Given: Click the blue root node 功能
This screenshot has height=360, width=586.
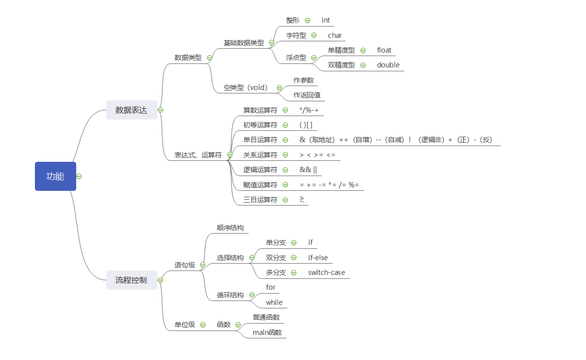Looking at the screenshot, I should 55,176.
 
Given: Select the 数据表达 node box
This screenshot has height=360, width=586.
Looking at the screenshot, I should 131,110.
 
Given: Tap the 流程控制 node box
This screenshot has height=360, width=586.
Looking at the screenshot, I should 131,280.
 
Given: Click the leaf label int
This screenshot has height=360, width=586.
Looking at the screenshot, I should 325,20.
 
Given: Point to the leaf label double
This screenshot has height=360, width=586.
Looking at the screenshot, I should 388,65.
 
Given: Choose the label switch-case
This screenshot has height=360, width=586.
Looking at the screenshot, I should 326,272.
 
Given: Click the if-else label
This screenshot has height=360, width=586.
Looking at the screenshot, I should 318,258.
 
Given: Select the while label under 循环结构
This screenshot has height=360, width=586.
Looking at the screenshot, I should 274,302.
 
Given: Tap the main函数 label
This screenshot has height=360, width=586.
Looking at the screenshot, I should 267,332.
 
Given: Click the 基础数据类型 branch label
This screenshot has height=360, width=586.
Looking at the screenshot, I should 243,43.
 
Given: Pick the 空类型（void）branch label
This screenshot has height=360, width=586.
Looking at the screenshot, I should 245,88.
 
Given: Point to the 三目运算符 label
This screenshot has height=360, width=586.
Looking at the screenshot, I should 260,200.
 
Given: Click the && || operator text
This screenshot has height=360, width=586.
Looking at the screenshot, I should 308,170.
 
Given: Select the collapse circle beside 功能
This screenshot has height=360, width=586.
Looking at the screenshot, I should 79,176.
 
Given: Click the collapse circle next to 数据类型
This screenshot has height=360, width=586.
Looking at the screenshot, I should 209,58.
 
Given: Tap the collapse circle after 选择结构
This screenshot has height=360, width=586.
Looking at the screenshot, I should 252,258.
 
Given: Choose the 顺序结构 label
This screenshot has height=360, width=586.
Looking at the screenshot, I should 230,228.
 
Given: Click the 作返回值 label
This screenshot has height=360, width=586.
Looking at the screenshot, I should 307,95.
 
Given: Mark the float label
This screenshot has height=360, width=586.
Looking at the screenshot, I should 384,50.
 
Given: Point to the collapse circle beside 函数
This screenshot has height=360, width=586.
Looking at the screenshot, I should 238,325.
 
